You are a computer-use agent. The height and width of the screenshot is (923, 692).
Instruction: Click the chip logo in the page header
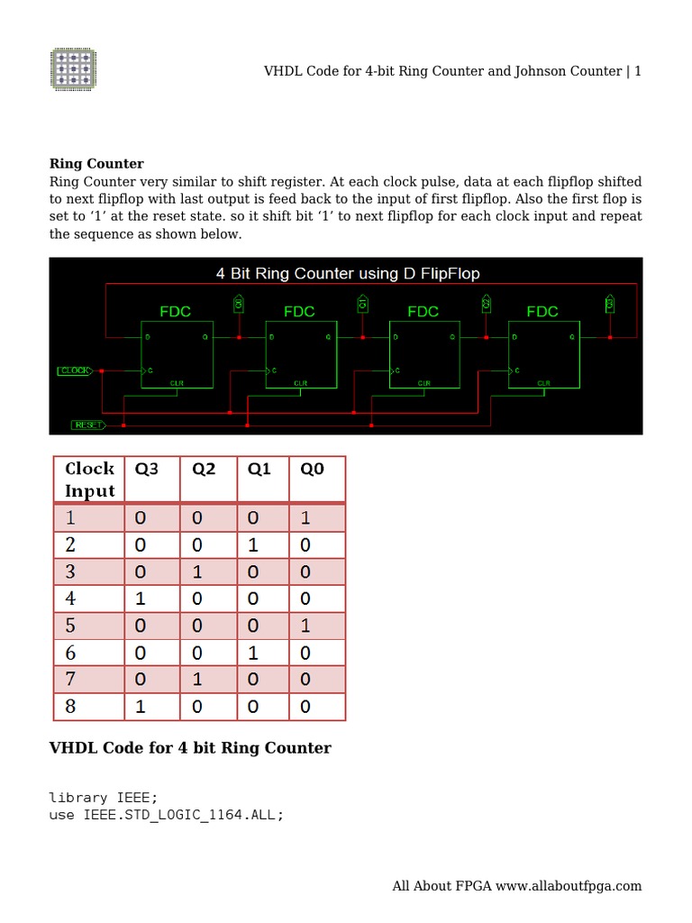click(x=73, y=69)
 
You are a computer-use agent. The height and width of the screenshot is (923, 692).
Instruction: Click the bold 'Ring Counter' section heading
click(x=96, y=164)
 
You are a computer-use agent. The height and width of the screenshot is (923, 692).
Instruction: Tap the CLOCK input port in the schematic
click(x=74, y=370)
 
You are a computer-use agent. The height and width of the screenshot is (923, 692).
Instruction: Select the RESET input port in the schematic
click(x=87, y=425)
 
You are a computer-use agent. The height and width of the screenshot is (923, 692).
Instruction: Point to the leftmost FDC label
click(x=176, y=312)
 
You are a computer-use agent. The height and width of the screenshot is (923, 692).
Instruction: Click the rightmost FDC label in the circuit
click(x=542, y=312)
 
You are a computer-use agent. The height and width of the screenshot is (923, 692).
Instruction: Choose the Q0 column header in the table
click(x=312, y=469)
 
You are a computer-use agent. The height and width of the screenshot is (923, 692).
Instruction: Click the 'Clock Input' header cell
click(x=89, y=480)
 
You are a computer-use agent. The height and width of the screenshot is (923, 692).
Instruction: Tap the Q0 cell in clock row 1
click(x=305, y=518)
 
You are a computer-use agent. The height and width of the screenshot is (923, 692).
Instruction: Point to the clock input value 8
click(x=70, y=707)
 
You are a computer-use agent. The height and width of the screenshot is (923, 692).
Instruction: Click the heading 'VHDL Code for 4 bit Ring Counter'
click(x=190, y=748)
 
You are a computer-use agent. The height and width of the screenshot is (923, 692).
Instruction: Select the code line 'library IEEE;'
click(x=104, y=798)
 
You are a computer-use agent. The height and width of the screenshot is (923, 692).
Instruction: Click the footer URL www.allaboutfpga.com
click(x=568, y=886)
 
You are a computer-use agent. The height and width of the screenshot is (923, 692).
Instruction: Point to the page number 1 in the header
click(x=638, y=71)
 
